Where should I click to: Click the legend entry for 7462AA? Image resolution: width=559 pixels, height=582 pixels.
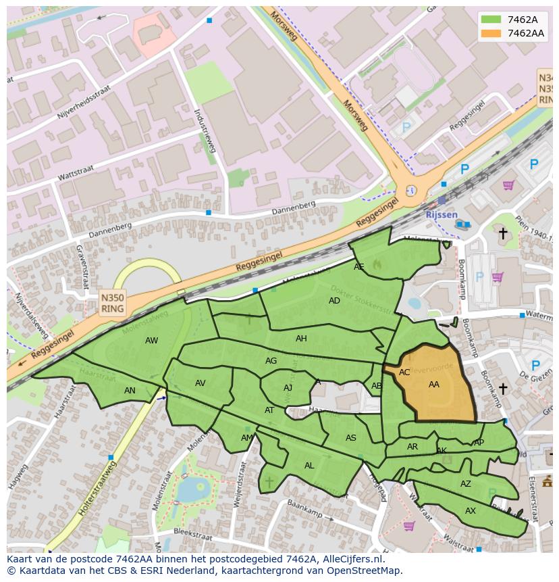[512, 32]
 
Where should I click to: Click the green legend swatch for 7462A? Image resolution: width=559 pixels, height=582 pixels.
[491, 20]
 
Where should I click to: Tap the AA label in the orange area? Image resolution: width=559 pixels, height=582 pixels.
[434, 384]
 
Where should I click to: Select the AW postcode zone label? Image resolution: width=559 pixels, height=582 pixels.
[151, 341]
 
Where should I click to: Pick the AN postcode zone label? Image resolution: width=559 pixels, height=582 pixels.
[130, 391]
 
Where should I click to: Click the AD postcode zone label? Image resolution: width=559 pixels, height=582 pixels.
[334, 301]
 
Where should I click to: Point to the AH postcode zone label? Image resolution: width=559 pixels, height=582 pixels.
[301, 339]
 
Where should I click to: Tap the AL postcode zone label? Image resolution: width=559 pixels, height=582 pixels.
[309, 466]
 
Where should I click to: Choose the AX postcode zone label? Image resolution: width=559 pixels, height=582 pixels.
[471, 511]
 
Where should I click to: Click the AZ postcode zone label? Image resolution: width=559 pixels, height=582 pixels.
[466, 484]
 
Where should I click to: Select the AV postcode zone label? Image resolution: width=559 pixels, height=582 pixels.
[201, 383]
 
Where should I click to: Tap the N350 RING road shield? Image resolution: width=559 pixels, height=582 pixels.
[112, 303]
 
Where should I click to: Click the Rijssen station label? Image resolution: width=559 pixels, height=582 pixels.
[441, 214]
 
